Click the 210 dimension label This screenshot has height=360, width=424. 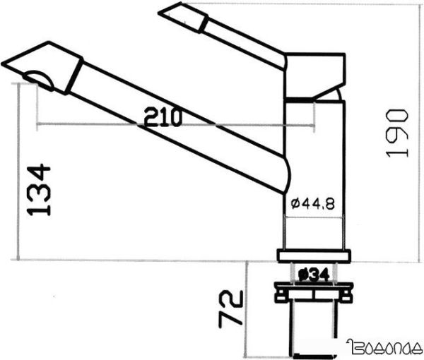pyautogui.click(x=163, y=117)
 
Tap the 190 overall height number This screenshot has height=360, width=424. pyautogui.click(x=399, y=133)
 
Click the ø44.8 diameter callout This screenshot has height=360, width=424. pyautogui.click(x=312, y=203)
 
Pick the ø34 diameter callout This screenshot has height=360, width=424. pyautogui.click(x=313, y=273)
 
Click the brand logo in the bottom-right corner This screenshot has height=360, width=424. pyautogui.click(x=384, y=347)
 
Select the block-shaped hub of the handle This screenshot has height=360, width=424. pyautogui.click(x=314, y=74)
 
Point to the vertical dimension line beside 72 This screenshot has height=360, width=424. pyautogui.click(x=246, y=304)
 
